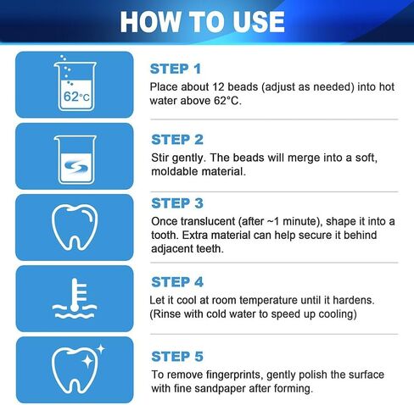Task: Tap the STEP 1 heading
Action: click(176, 69)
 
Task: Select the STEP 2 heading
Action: click(177, 139)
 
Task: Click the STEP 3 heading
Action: click(177, 203)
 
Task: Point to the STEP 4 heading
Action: click(177, 282)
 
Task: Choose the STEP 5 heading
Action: click(177, 357)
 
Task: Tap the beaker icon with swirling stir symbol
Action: click(75, 157)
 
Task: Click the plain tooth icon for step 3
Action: click(75, 227)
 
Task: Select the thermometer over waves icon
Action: click(75, 298)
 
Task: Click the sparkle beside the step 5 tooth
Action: click(99, 348)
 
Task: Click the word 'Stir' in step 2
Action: click(161, 157)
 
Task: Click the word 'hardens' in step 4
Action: click(348, 300)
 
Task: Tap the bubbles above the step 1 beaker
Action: click(64, 64)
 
